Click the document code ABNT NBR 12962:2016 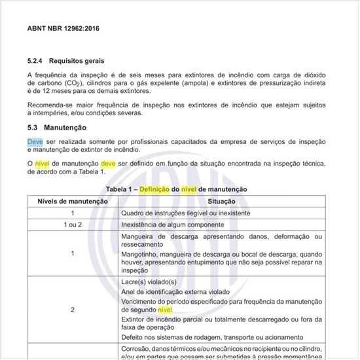pos(63,29)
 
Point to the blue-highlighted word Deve pos(35,142)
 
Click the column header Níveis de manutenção pos(73,201)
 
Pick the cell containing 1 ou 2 pos(73,225)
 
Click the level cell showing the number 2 pos(73,309)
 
